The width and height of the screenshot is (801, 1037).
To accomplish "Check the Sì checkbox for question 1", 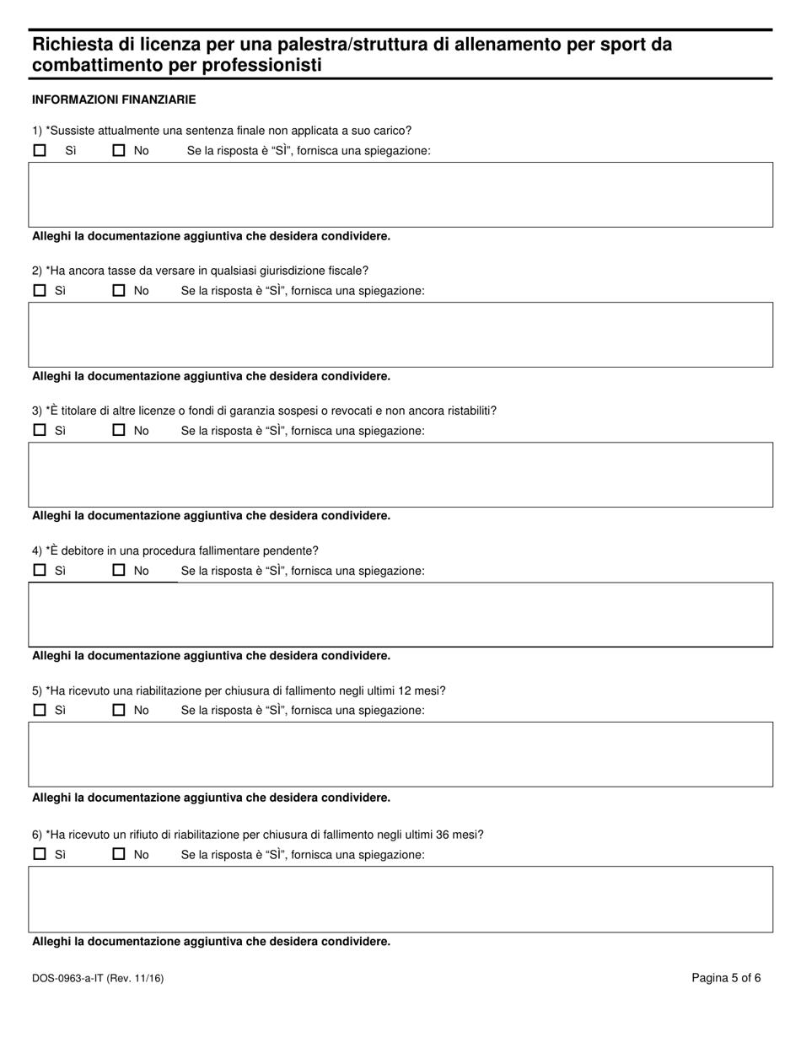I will click(40, 151).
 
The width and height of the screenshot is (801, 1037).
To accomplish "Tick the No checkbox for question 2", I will click(119, 291).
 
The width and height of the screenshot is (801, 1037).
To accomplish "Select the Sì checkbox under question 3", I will click(40, 430).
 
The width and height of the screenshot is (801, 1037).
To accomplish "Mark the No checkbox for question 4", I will click(119, 570).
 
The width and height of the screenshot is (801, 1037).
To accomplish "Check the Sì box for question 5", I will click(40, 710).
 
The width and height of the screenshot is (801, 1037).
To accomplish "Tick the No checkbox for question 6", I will click(119, 854).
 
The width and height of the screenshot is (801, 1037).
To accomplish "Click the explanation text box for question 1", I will click(400, 195).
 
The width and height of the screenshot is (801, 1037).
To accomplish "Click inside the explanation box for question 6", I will click(400, 899).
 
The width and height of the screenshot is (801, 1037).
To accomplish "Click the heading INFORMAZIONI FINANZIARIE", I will click(114, 99).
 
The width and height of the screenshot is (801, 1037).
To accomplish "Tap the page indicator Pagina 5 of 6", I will click(726, 978).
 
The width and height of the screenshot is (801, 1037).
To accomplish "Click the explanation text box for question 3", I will click(400, 475).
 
